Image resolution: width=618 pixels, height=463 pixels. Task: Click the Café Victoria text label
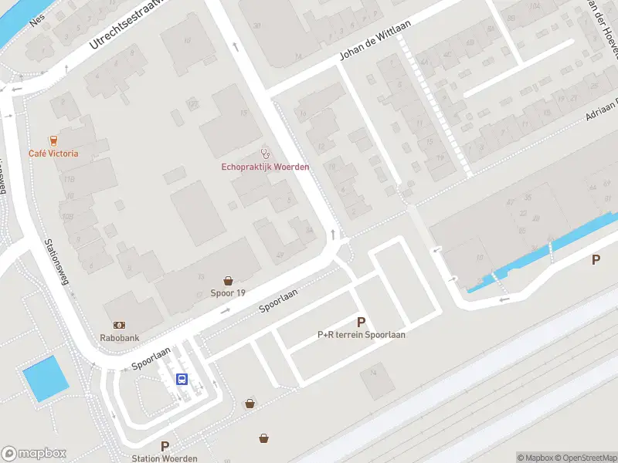pyautogui.click(x=53, y=153)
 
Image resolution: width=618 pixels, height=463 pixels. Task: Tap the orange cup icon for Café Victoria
pyautogui.click(x=53, y=140)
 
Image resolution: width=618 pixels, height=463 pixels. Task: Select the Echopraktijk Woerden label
pyautogui.click(x=266, y=167)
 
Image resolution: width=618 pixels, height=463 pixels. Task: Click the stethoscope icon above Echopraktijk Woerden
pyautogui.click(x=266, y=154)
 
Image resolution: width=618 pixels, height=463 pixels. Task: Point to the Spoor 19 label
pyautogui.click(x=228, y=293)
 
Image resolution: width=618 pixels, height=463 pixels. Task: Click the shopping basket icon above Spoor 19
pyautogui.click(x=228, y=281)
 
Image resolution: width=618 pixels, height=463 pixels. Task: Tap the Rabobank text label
pyautogui.click(x=120, y=337)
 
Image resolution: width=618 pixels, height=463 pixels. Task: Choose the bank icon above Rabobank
pyautogui.click(x=120, y=325)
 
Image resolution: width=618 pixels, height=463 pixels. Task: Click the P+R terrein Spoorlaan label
pyautogui.click(x=361, y=335)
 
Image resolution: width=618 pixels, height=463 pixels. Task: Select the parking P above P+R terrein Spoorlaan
pyautogui.click(x=361, y=322)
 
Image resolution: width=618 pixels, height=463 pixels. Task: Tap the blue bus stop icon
pyautogui.click(x=182, y=378)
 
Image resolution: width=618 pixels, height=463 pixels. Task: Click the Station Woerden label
pyautogui.click(x=165, y=458)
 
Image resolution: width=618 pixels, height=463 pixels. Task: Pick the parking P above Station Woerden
pyautogui.click(x=165, y=446)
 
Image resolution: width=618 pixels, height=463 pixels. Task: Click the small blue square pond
pyautogui.click(x=46, y=379)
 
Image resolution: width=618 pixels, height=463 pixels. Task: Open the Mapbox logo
pyautogui.click(x=34, y=454)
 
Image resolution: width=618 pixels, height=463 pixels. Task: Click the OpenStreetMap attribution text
pyautogui.click(x=583, y=458)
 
